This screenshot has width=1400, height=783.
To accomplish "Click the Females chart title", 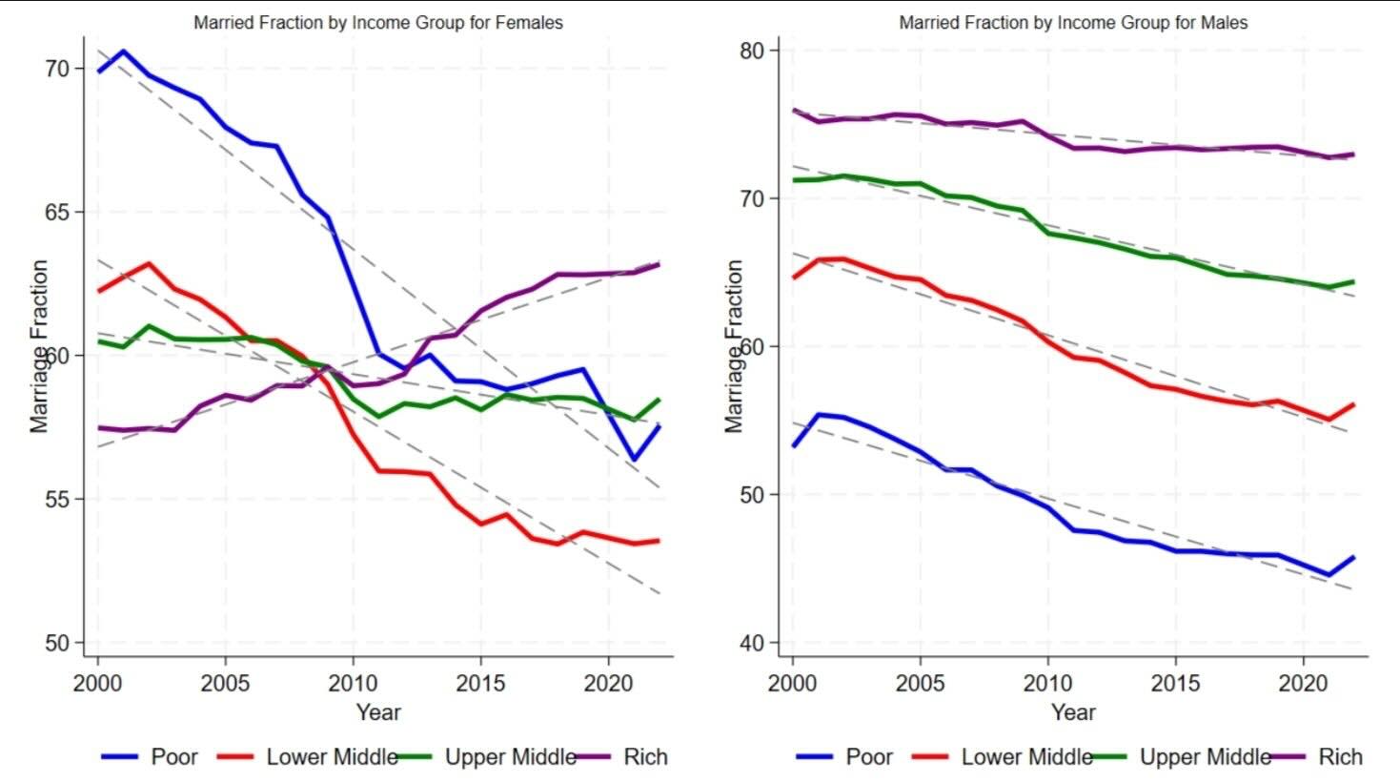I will pos(378,22).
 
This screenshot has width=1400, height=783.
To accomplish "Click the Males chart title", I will pos(1073,22).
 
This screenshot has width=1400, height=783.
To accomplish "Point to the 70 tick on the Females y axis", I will pos(57,69).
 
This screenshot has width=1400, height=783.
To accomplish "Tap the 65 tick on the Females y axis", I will pos(57,212).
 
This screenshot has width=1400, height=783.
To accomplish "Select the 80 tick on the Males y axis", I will pos(752,50).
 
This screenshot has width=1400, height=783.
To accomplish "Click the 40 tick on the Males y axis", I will pos(752,642).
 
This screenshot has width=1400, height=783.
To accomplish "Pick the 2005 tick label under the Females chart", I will pos(225,683).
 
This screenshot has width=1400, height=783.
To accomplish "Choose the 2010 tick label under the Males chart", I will pos(1047,683).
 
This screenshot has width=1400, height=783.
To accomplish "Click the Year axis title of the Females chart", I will pos(378,711).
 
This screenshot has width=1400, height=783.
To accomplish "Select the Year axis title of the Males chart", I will pos(1073,711).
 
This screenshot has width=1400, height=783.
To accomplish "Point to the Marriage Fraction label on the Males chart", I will pos(734,346).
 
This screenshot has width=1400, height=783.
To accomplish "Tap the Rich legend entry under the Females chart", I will pos(645,757).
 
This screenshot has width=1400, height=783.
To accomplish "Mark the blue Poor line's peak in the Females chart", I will pos(123,52).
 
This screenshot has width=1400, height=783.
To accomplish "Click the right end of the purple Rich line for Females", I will pos(659,264).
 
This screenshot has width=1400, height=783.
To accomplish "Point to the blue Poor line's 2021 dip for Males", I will pos(1329,575).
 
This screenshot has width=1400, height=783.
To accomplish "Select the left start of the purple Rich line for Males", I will pos(794,111).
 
